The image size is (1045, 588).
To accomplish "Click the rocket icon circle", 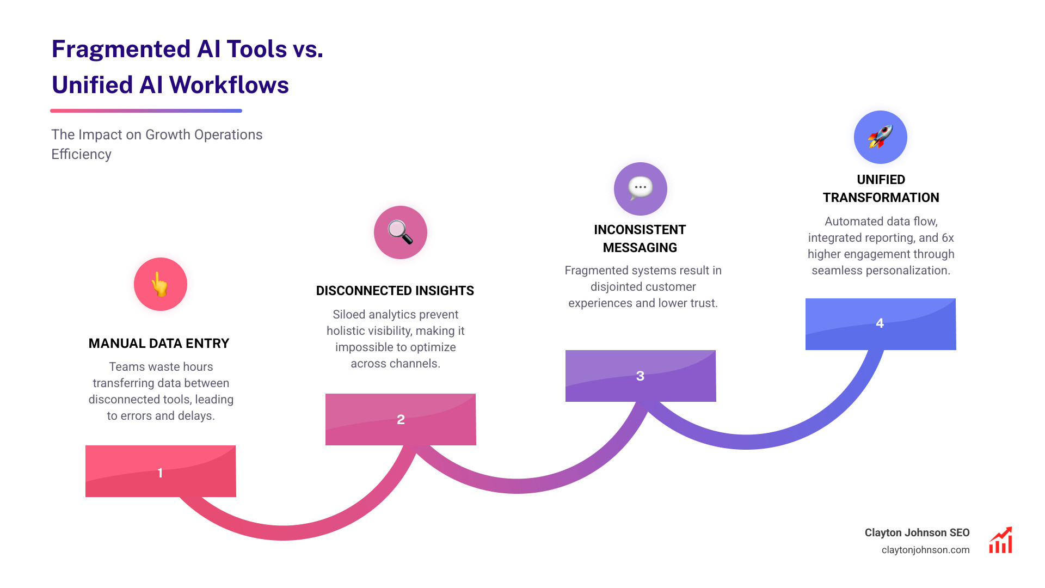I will (880, 137).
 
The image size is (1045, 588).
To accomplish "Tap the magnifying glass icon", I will (400, 232).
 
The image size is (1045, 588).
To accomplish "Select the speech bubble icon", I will (640, 188).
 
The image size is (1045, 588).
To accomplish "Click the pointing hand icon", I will (160, 284).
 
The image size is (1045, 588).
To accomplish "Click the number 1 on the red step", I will (160, 473).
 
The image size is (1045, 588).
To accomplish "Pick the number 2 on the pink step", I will (401, 420).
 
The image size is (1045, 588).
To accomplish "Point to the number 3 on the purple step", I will (640, 376).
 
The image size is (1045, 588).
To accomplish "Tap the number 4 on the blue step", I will (880, 323).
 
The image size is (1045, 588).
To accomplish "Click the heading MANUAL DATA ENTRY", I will (159, 344).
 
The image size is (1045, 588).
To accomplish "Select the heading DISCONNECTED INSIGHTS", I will (395, 291).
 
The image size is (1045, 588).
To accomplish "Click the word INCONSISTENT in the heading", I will (640, 230).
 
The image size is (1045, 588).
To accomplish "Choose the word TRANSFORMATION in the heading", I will (881, 198).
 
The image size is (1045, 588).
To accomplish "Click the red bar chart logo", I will (1000, 541).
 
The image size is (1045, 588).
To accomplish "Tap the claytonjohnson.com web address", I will (925, 550).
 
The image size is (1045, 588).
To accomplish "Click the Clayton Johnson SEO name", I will (917, 532).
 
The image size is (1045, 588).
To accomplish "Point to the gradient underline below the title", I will (146, 111).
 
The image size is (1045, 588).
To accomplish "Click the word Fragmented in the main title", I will (120, 49).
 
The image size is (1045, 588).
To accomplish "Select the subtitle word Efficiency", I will (81, 154).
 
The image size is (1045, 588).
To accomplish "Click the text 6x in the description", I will (948, 238).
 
